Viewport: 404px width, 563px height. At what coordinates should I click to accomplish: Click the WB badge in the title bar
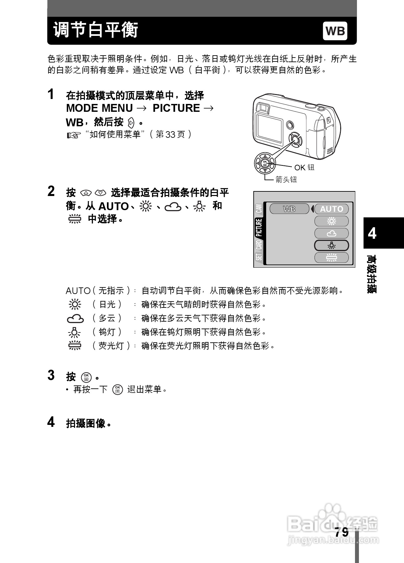pyautogui.click(x=335, y=31)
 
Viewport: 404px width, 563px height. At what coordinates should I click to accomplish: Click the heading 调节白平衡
pyautogui.click(x=96, y=30)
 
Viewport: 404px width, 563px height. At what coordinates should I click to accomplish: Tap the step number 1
pyautogui.click(x=51, y=94)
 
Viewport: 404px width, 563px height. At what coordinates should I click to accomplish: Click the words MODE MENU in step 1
pyautogui.click(x=99, y=108)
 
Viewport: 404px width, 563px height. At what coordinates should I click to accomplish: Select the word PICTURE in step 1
pyautogui.click(x=176, y=108)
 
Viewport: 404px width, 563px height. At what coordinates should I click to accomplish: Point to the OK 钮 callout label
pyautogui.click(x=304, y=167)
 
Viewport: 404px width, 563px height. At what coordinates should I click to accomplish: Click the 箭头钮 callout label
pyautogui.click(x=286, y=179)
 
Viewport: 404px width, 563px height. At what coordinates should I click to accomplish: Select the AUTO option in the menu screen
pyautogui.click(x=331, y=209)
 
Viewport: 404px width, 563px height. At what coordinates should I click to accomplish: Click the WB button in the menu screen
pyautogui.click(x=289, y=209)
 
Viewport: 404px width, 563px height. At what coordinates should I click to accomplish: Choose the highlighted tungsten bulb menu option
pyautogui.click(x=331, y=245)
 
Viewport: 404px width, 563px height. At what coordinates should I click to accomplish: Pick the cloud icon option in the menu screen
pyautogui.click(x=331, y=233)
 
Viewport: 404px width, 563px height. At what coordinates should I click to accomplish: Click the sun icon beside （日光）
pyautogui.click(x=75, y=305)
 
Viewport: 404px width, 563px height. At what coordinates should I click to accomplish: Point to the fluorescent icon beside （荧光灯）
pyautogui.click(x=75, y=346)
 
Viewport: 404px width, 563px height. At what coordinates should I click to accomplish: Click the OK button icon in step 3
pyautogui.click(x=87, y=377)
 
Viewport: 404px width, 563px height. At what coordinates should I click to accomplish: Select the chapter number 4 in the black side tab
pyautogui.click(x=372, y=233)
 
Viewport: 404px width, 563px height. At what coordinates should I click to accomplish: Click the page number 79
pyautogui.click(x=342, y=532)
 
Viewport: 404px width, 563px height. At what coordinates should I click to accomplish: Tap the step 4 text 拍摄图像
pyautogui.click(x=86, y=423)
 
